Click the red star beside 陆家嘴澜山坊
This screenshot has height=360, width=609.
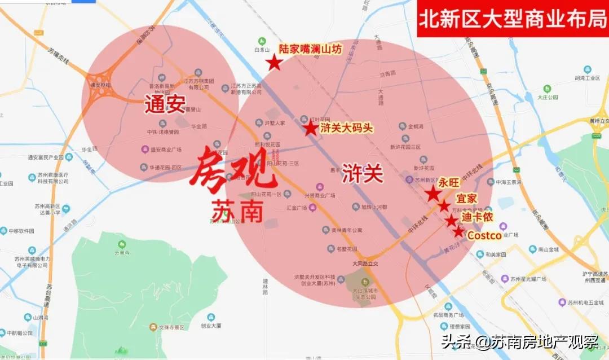coord(274,62)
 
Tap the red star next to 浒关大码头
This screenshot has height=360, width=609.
coord(311,128)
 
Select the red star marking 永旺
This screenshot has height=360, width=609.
coord(433,194)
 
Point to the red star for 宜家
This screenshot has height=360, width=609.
coord(444,206)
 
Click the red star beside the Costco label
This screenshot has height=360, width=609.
coord(458,231)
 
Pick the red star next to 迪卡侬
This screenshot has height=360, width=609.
coord(451,220)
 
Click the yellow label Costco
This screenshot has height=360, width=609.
coord(484,235)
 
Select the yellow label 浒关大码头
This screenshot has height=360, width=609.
coord(347,128)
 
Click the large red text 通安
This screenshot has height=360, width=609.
coord(165,104)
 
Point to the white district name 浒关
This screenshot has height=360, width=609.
coord(363,174)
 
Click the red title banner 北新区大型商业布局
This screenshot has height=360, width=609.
coord(512,19)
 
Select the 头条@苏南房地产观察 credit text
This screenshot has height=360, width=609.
coord(519,342)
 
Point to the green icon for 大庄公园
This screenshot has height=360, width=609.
coord(546,89)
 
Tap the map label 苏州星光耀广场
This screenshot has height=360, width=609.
coord(528,279)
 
